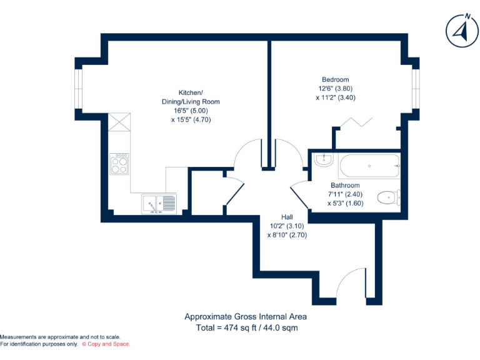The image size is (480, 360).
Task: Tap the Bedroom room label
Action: coord(335,79)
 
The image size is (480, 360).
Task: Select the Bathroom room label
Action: coord(345,186)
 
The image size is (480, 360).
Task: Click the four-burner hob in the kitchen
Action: coord(119,164)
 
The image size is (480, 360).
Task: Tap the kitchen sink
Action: coord(159,203)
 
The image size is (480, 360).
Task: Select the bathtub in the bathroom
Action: coord(369,166)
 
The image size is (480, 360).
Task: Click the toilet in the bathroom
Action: coord(390,198)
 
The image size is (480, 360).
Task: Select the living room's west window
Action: coord(78,88)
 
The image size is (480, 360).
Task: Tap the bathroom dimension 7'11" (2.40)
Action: coord(345,194)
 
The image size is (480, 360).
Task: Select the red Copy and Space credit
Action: coord(106,344)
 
